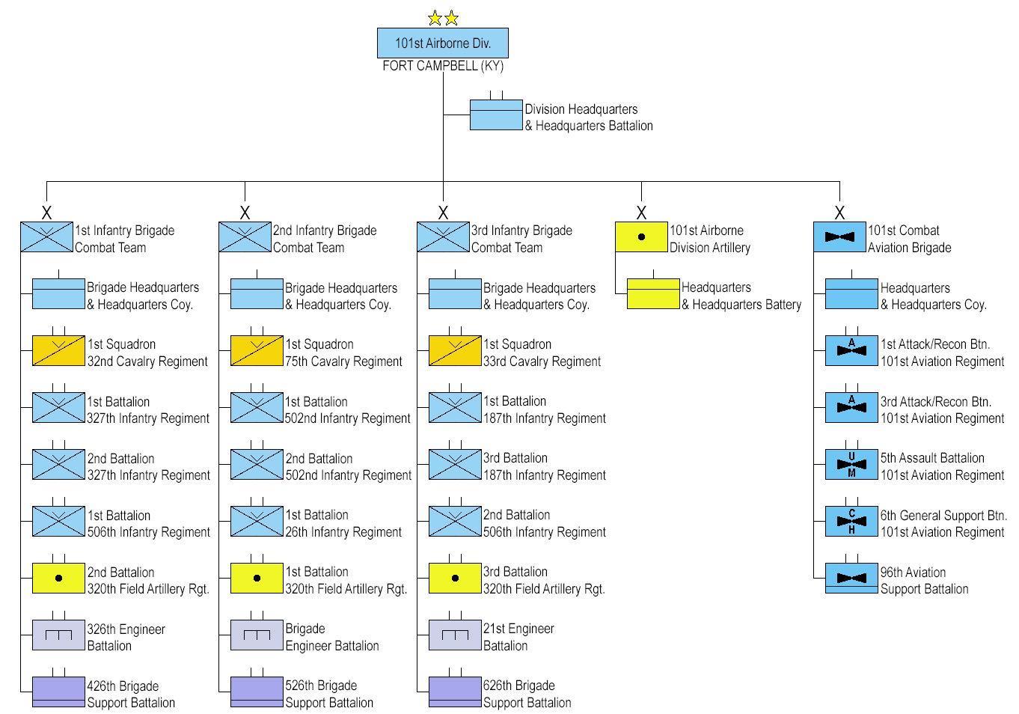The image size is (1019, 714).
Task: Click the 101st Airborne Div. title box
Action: point(443,43)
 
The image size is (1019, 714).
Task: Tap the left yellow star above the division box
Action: point(435,18)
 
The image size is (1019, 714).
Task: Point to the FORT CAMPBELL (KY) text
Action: point(443,66)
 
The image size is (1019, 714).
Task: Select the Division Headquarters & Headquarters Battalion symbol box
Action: point(496,115)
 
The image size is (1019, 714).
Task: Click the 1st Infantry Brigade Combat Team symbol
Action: point(46,237)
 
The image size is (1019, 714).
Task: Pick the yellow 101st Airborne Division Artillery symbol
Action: point(641,237)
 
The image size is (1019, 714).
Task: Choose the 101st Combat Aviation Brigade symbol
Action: point(839,237)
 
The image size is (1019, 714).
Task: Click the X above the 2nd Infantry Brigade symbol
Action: point(245,213)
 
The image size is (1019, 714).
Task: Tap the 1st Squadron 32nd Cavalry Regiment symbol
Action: point(58,350)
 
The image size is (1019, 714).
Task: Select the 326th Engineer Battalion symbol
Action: point(58,635)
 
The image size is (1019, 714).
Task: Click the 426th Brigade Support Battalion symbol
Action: point(58,692)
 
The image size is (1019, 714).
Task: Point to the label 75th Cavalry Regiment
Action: point(343,361)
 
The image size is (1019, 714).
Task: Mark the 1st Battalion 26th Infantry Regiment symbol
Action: point(257,521)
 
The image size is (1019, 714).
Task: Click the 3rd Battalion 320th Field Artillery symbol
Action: point(455,578)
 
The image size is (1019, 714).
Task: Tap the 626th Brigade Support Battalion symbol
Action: point(455,692)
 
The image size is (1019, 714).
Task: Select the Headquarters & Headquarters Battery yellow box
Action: point(653,293)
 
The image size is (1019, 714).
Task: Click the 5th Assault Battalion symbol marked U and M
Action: point(851,464)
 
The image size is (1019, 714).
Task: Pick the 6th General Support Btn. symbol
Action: point(851,521)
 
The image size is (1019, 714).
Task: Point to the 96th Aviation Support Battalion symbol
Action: point(851,578)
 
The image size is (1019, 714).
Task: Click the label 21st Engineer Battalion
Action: point(518,637)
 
